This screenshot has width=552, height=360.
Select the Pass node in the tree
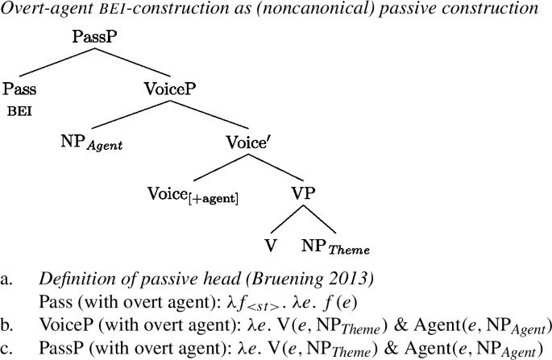pyautogui.click(x=20, y=88)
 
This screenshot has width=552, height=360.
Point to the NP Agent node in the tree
pyautogui.click(x=93, y=142)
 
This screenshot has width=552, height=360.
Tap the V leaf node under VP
pyautogui.click(x=272, y=245)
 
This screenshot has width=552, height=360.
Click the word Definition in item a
pyautogui.click(x=70, y=281)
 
